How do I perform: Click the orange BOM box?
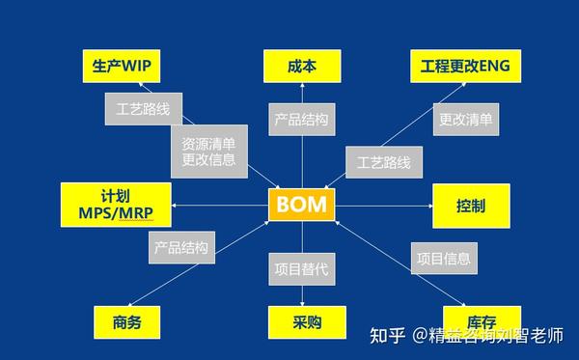tap(301, 205)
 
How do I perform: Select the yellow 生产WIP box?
tap(121, 67)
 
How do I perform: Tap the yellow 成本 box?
tap(301, 67)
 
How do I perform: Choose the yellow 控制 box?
tap(471, 206)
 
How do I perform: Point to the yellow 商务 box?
tap(126, 321)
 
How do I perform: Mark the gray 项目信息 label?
tap(444, 258)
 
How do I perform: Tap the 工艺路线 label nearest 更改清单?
tap(383, 162)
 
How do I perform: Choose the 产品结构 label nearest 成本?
tap(301, 121)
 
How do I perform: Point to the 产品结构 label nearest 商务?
tap(181, 247)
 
